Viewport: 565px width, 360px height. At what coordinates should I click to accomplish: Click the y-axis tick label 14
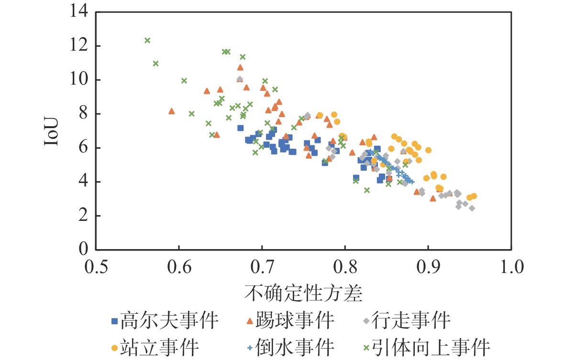pos(79,11)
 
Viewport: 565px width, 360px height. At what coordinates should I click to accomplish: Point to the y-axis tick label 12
pos(79,46)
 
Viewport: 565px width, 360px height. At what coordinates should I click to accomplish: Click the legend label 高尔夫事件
pos(169,321)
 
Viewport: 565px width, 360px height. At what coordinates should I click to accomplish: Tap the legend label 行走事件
pos(416,321)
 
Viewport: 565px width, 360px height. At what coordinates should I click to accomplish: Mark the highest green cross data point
pos(147,41)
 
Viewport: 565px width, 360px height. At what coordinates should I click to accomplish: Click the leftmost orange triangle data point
pos(172,111)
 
